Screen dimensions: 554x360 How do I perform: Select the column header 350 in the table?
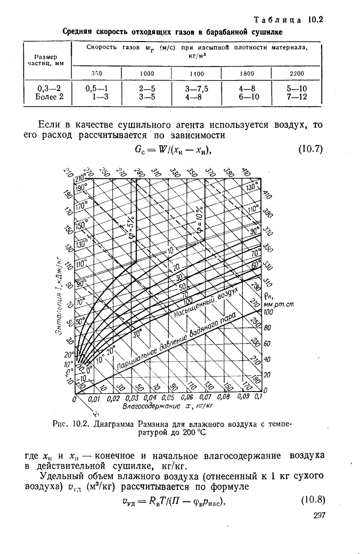pyautogui.click(x=96, y=73)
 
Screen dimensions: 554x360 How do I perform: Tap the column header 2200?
pyautogui.click(x=297, y=73)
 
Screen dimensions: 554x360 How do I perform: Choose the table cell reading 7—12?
pyautogui.click(x=297, y=97)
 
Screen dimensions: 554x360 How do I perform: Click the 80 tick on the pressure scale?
pyautogui.click(x=267, y=327)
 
